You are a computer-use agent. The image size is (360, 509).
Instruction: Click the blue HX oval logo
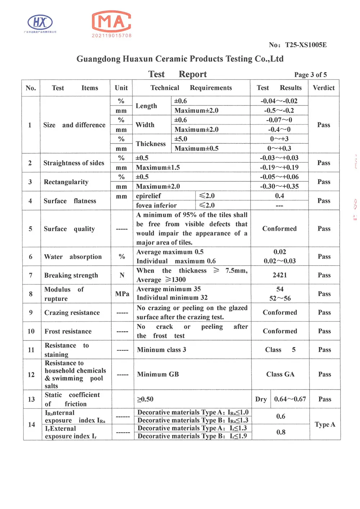40,22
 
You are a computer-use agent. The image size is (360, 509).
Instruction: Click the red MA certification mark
112,22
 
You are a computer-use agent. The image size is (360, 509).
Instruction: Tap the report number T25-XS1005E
306,45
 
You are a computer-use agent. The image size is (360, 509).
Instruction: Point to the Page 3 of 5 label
310,75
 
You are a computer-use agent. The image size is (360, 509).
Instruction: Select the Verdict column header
324,88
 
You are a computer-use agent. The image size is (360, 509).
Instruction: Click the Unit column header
121,88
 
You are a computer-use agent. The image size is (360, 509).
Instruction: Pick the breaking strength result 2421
280,275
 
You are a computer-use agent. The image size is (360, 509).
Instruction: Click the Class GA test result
280,374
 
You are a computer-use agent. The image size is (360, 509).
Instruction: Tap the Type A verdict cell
325,424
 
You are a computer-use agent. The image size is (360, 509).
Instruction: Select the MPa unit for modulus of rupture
122,294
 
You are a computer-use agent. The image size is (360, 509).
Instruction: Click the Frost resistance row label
68,331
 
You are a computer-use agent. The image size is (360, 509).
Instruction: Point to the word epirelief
148,196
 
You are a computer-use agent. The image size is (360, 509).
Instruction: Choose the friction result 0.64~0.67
290,399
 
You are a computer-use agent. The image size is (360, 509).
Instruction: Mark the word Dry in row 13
261,399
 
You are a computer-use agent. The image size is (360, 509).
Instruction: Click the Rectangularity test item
66,182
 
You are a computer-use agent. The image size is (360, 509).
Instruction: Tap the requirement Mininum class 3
161,350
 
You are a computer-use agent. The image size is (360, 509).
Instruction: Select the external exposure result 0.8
281,432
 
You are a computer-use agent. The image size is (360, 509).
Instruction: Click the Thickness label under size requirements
151,144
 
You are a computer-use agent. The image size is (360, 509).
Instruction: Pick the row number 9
31,312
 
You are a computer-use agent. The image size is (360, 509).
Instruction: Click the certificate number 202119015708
112,36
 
